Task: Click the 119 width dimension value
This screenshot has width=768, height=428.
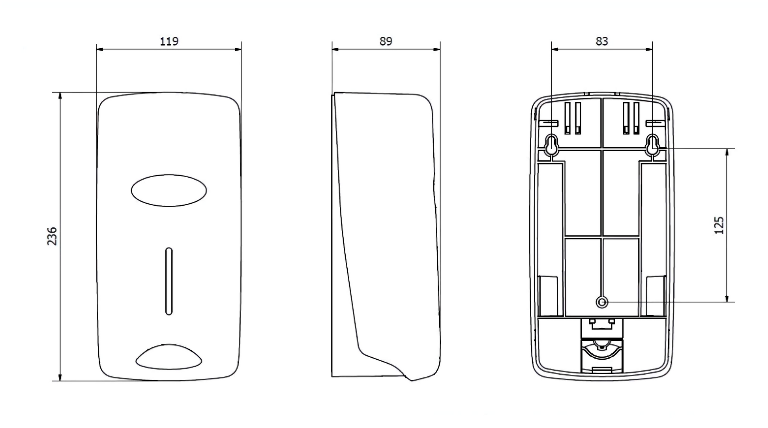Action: point(169,41)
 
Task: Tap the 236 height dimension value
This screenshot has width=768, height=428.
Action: point(52,236)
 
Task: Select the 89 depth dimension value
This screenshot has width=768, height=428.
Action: point(386,41)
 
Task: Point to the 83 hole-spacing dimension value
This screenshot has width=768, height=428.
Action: point(602,41)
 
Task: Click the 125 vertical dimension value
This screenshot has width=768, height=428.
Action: point(719,225)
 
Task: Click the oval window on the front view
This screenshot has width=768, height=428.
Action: point(169,190)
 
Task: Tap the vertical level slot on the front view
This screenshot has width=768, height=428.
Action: point(169,281)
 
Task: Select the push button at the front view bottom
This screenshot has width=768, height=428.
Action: point(169,357)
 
